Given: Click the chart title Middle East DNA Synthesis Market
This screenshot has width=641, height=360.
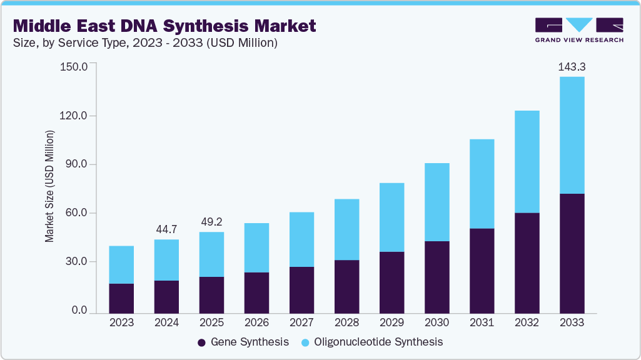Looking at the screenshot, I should pos(164,26).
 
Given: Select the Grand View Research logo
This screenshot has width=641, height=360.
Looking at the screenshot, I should pos(579,30).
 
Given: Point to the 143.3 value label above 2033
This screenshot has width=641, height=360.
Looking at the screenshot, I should pos(572,66).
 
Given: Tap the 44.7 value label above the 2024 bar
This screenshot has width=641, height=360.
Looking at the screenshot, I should pos(166,229).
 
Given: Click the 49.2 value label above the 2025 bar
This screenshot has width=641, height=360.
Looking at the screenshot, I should pos(211,221).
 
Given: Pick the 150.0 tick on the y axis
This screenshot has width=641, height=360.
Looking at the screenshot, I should pos(74,66).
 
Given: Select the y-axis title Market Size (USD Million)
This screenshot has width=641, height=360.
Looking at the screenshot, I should pos(49,186).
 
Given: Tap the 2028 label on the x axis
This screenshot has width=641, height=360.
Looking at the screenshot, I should pos(346,323).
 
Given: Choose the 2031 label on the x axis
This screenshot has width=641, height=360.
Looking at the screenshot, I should pos(482,323).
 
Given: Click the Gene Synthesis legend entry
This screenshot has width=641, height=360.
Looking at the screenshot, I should pos(243,342).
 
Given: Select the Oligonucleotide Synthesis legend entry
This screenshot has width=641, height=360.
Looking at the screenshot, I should pos(372,342).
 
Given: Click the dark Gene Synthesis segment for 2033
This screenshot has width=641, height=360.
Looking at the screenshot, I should pos(572,253).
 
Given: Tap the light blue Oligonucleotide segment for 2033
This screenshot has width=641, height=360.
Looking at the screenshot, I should pos(572,135).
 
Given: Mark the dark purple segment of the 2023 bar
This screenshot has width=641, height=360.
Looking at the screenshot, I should pos(121,298).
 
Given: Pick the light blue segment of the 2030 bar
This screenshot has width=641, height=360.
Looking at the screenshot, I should pos(437,202).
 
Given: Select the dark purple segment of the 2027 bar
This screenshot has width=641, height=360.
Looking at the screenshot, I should pos(301,290).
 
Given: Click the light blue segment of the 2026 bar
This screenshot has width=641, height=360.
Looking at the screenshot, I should pos(256,247).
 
